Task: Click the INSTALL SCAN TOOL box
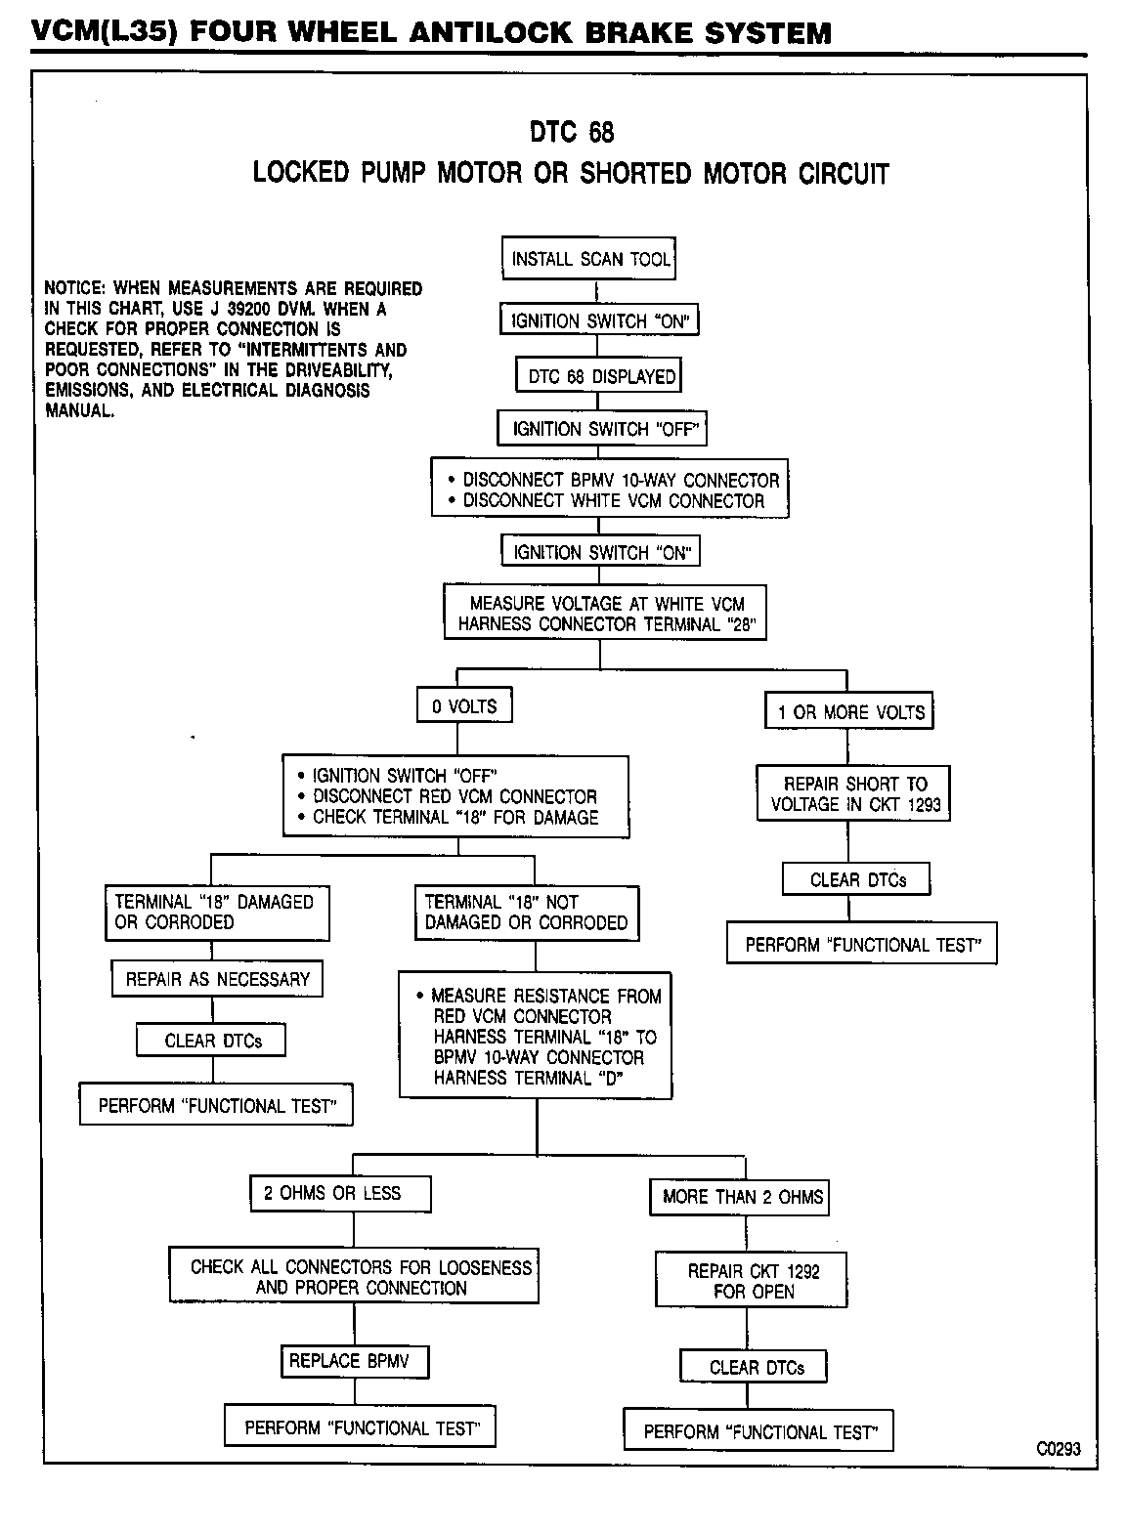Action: click(591, 259)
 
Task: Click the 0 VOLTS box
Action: click(464, 706)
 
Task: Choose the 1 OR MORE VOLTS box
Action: click(849, 712)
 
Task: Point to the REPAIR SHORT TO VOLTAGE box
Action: click(854, 793)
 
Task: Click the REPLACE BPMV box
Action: click(355, 1361)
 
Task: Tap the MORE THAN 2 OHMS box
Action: click(741, 1197)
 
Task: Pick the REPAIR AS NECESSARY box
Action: click(217, 979)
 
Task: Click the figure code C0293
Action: click(1059, 1449)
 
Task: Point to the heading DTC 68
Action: click(571, 132)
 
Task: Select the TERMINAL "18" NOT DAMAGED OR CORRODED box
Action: click(527, 913)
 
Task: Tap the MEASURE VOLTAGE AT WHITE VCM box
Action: click(606, 614)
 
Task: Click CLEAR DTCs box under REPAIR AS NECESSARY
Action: click(213, 1041)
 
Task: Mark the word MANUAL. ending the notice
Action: click(80, 410)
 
